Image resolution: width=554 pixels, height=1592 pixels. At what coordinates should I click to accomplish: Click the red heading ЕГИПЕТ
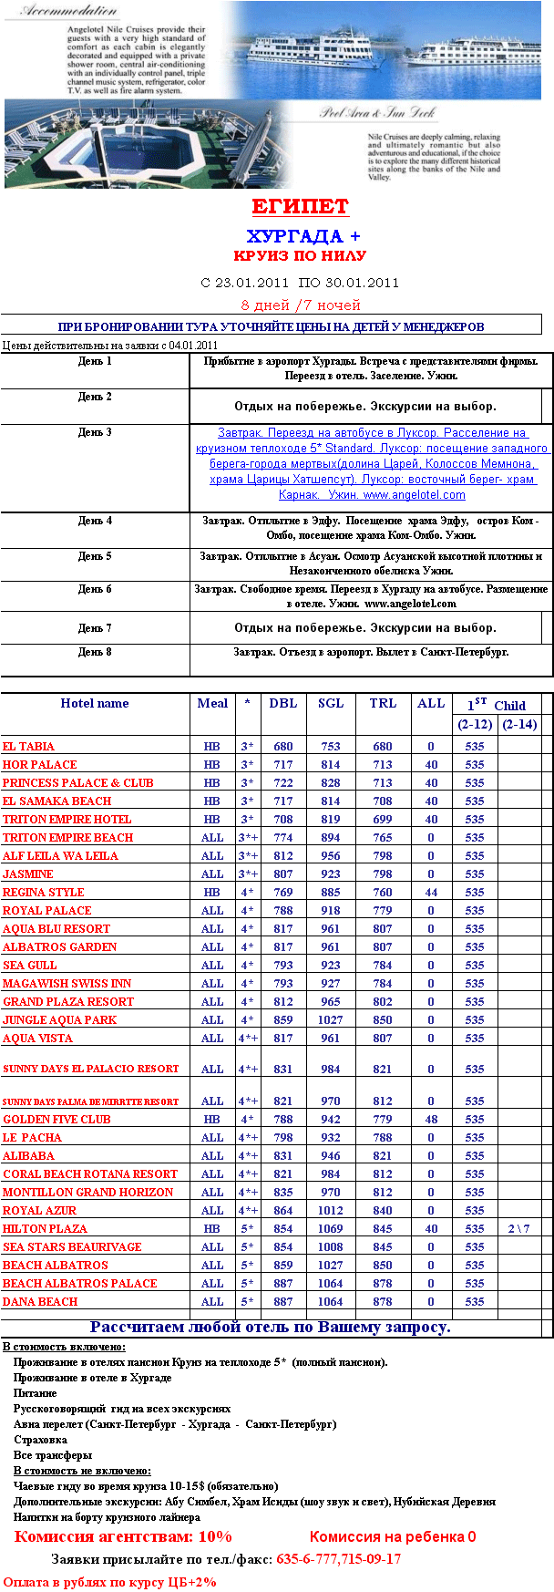pyautogui.click(x=300, y=206)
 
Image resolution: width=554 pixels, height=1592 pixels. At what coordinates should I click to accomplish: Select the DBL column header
pyautogui.click(x=283, y=703)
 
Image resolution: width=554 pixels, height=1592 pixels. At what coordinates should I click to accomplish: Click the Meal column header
pyautogui.click(x=212, y=703)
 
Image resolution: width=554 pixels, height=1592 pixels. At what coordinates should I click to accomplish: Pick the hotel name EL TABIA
pyautogui.click(x=28, y=747)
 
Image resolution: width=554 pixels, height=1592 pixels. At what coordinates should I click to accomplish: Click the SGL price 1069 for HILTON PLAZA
pyautogui.click(x=331, y=1229)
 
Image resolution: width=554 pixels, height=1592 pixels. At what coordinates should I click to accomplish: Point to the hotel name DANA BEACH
pyautogui.click(x=40, y=1302)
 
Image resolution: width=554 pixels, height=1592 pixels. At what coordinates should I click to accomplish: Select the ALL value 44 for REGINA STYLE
pyautogui.click(x=431, y=893)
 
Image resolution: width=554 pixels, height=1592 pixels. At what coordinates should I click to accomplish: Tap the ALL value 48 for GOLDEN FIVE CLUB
pyautogui.click(x=431, y=1120)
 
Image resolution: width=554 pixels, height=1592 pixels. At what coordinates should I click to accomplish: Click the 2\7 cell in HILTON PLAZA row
pyautogui.click(x=518, y=1229)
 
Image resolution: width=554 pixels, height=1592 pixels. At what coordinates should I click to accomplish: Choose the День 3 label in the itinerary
pyautogui.click(x=95, y=432)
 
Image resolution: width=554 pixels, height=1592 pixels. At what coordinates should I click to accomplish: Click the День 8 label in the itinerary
pyautogui.click(x=95, y=652)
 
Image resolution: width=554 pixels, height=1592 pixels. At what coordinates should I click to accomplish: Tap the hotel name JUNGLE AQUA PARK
pyautogui.click(x=59, y=1020)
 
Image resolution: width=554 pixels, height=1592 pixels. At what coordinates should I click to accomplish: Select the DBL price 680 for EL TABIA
pyautogui.click(x=283, y=747)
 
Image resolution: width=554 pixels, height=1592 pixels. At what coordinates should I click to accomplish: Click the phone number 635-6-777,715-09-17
pyautogui.click(x=339, y=1559)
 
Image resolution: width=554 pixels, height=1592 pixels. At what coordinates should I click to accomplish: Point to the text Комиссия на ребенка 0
pyautogui.click(x=393, y=1537)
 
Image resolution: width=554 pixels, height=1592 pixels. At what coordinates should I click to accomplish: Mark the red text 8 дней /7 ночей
pyautogui.click(x=301, y=305)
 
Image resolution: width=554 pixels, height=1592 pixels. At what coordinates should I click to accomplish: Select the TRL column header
pyautogui.click(x=383, y=703)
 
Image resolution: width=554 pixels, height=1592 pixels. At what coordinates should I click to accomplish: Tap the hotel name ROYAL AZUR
pyautogui.click(x=39, y=1211)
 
